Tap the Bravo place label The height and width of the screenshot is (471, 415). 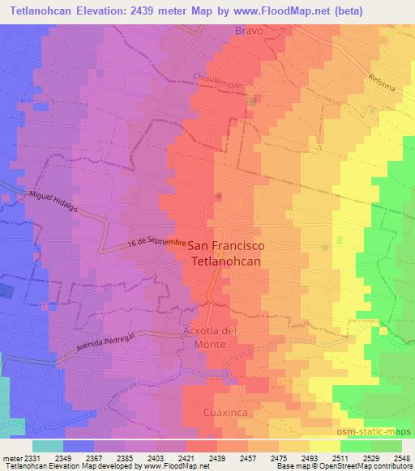point(250,30)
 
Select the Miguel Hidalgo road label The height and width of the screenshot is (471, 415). point(53,202)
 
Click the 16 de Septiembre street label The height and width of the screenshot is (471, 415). point(157,244)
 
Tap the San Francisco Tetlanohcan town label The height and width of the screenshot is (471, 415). point(226,253)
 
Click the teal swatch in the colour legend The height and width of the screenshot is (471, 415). point(47,446)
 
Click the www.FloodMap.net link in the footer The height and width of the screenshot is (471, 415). point(170,465)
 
